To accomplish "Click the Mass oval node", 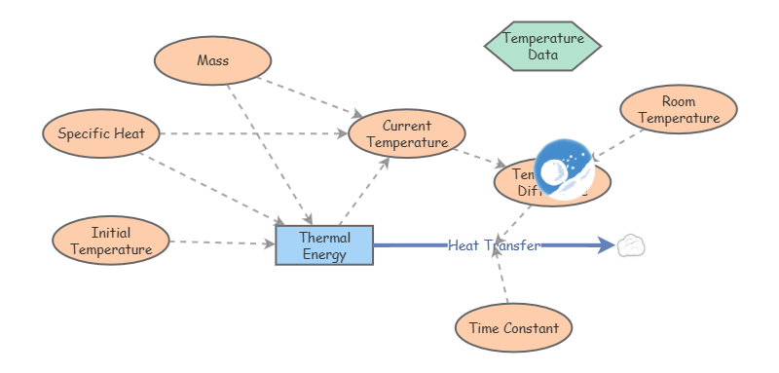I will pyautogui.click(x=212, y=60).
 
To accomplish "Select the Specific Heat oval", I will pyautogui.click(x=101, y=133).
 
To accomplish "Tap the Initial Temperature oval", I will pyautogui.click(x=111, y=241).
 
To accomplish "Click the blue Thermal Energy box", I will pyautogui.click(x=324, y=245).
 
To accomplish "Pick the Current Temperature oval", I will pyautogui.click(x=407, y=133).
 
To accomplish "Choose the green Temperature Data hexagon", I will pyautogui.click(x=542, y=46).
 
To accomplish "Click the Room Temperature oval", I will pyautogui.click(x=679, y=110).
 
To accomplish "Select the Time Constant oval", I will pyautogui.click(x=513, y=328).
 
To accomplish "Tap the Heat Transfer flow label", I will pyautogui.click(x=493, y=245).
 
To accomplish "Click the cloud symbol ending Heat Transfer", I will pyautogui.click(x=631, y=245).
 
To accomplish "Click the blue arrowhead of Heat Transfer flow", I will pyautogui.click(x=606, y=245).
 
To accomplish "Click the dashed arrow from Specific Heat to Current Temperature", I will pyautogui.click(x=253, y=133).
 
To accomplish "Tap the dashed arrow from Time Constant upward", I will pyautogui.click(x=501, y=278).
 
